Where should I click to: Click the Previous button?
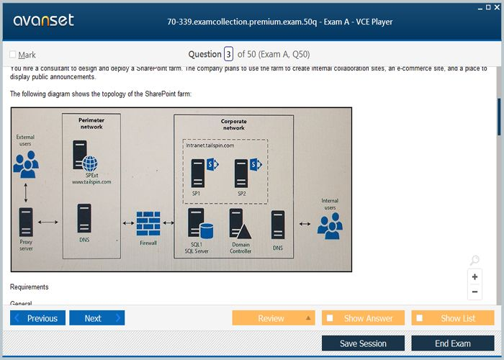point(37,318)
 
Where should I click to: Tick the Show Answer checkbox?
point(330,318)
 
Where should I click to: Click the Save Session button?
point(363,343)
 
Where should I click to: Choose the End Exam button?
point(453,343)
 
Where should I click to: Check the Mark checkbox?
point(13,55)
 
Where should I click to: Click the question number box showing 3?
point(228,54)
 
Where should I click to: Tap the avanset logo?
point(43,20)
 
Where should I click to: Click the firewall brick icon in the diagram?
point(148,224)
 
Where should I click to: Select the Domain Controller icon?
point(240,224)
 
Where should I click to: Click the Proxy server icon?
point(26,222)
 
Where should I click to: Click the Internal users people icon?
point(330,225)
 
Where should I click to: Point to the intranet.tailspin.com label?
point(210,145)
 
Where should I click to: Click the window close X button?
point(498,6)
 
